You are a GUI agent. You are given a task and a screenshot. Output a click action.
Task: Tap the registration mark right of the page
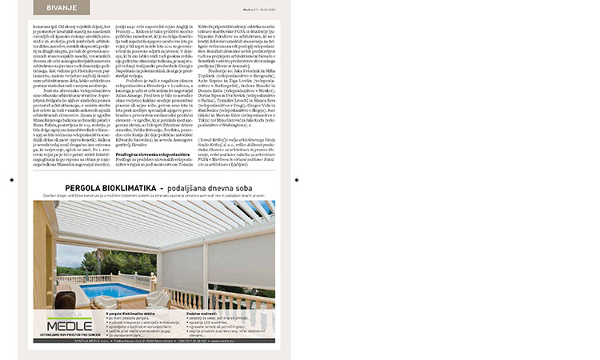point(296,180)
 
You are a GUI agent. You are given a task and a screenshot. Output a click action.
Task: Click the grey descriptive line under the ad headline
point(152,195)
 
